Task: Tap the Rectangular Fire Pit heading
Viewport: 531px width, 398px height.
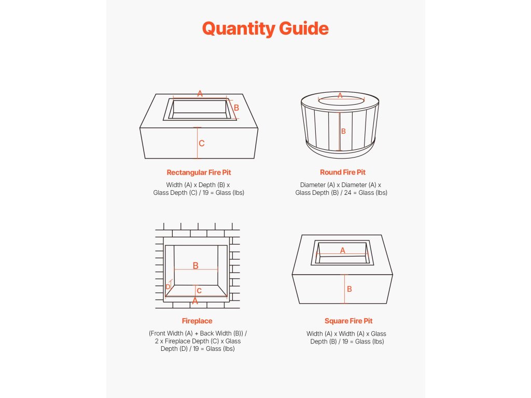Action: [x=199, y=172]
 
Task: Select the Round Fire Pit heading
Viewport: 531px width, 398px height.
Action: [x=343, y=172]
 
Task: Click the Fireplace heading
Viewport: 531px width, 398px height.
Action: [x=197, y=321]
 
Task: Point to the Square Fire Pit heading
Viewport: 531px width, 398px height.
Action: [x=348, y=321]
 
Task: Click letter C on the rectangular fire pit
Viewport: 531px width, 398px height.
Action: [x=202, y=144]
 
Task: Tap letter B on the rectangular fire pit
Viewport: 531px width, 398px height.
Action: [x=236, y=108]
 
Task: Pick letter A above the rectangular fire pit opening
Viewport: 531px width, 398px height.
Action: [x=200, y=93]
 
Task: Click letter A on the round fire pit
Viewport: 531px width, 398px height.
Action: [x=340, y=95]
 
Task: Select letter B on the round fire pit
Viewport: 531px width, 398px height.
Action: [x=343, y=131]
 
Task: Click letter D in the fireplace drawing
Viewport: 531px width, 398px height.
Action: [x=168, y=287]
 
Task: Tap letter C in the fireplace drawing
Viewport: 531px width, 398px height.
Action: [x=199, y=291]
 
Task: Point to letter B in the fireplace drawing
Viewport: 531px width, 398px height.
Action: [x=195, y=266]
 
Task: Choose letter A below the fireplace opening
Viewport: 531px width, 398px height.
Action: [x=195, y=301]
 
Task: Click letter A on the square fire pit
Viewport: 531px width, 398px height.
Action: [x=343, y=250]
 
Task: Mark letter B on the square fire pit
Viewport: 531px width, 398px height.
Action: [x=350, y=289]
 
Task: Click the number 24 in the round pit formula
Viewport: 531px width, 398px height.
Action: [x=348, y=193]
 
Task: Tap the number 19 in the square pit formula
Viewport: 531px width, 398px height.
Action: [x=345, y=342]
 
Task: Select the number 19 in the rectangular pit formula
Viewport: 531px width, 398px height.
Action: [x=205, y=193]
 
